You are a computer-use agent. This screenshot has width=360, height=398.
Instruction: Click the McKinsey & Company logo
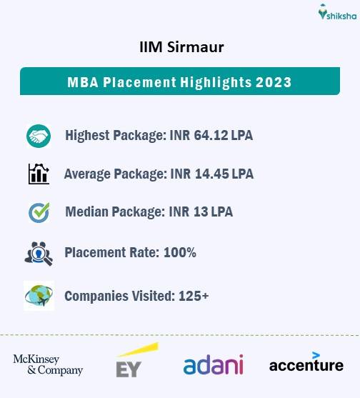pyautogui.click(x=48, y=364)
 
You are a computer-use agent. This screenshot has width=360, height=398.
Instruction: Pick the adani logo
pyautogui.click(x=213, y=364)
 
